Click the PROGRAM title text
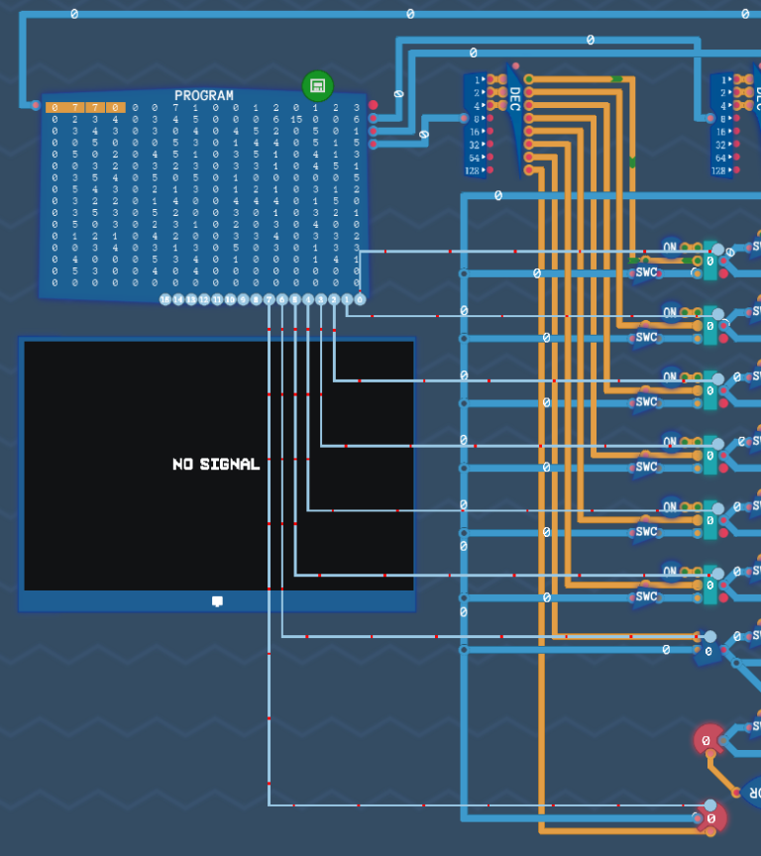pyautogui.click(x=204, y=96)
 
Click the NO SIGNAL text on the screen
pyautogui.click(x=216, y=464)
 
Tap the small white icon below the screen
pyautogui.click(x=217, y=601)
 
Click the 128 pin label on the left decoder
pyautogui.click(x=472, y=170)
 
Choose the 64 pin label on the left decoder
pyautogui.click(x=474, y=158)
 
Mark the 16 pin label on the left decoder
pyautogui.click(x=474, y=132)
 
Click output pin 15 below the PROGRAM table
pyautogui.click(x=165, y=299)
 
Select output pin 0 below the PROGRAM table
pyautogui.click(x=359, y=299)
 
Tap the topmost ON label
pyautogui.click(x=671, y=247)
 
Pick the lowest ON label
pyautogui.click(x=671, y=571)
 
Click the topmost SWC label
pyautogui.click(x=646, y=272)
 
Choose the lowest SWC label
pyautogui.click(x=646, y=596)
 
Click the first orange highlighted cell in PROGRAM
pyautogui.click(x=55, y=107)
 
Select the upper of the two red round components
pyautogui.click(x=707, y=740)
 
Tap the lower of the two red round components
pyautogui.click(x=710, y=818)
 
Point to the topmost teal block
pyautogui.click(x=709, y=261)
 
